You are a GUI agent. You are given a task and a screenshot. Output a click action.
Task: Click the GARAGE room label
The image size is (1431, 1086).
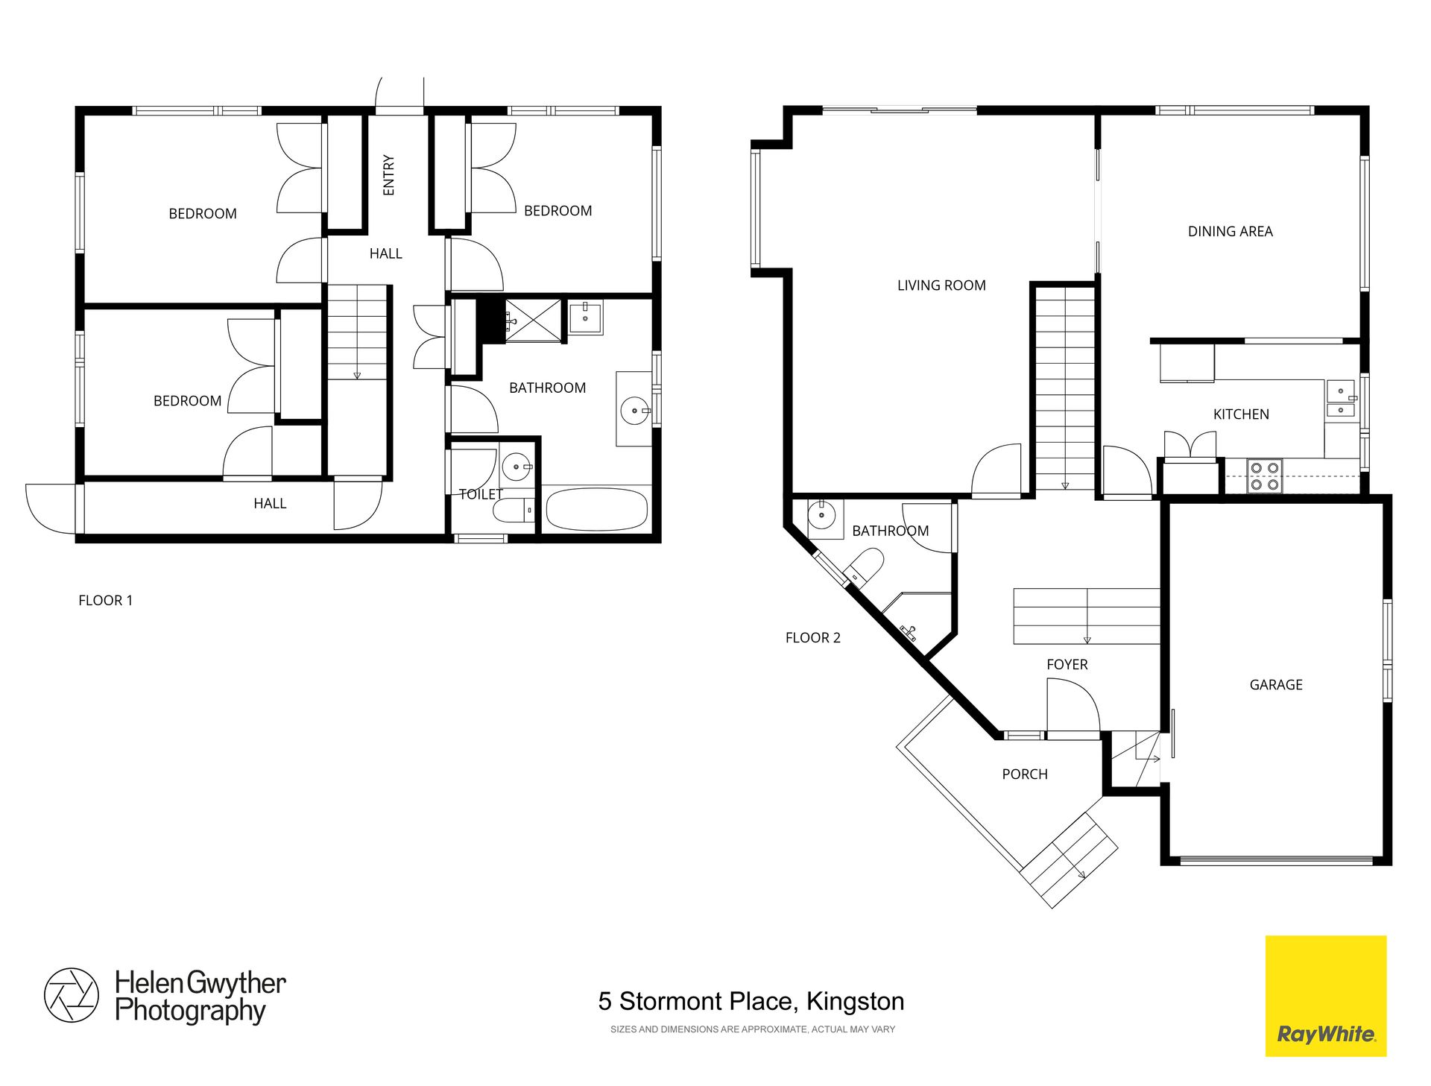pyautogui.click(x=1276, y=684)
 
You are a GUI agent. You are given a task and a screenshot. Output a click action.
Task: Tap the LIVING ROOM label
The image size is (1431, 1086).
pyautogui.click(x=941, y=285)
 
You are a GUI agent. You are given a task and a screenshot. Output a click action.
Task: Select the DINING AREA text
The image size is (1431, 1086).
pyautogui.click(x=1231, y=231)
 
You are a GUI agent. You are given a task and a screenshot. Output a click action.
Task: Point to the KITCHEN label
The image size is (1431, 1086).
pyautogui.click(x=1241, y=414)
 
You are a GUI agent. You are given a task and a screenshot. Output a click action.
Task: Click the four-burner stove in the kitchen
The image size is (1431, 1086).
pyautogui.click(x=1265, y=476)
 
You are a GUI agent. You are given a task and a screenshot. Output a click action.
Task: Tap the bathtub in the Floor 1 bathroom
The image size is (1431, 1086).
pyautogui.click(x=597, y=509)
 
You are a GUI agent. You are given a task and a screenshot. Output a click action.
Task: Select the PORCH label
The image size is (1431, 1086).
pyautogui.click(x=1025, y=774)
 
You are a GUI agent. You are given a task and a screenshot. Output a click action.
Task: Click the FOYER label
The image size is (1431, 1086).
pyautogui.click(x=1067, y=664)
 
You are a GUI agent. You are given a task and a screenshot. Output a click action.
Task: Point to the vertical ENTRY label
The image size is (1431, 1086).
pyautogui.click(x=388, y=175)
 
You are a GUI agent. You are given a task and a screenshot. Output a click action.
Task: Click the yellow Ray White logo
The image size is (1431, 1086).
pyautogui.click(x=1326, y=996)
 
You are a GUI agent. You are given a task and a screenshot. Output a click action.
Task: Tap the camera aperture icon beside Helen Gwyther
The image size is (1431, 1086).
pyautogui.click(x=72, y=995)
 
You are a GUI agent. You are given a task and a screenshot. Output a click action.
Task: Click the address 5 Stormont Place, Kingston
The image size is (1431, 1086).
pyautogui.click(x=751, y=1001)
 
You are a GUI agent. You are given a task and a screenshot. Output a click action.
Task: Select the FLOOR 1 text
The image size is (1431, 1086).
pyautogui.click(x=105, y=600)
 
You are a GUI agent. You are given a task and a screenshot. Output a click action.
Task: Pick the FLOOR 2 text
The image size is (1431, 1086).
pyautogui.click(x=812, y=637)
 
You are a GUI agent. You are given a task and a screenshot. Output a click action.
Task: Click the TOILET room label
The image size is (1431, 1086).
pyautogui.click(x=481, y=494)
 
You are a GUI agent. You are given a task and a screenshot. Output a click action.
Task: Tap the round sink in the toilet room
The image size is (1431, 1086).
pyautogui.click(x=517, y=467)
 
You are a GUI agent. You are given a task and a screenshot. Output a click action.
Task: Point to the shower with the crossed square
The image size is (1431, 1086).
pyautogui.click(x=533, y=321)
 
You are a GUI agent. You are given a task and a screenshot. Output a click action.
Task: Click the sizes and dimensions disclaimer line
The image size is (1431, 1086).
pyautogui.click(x=753, y=1029)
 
